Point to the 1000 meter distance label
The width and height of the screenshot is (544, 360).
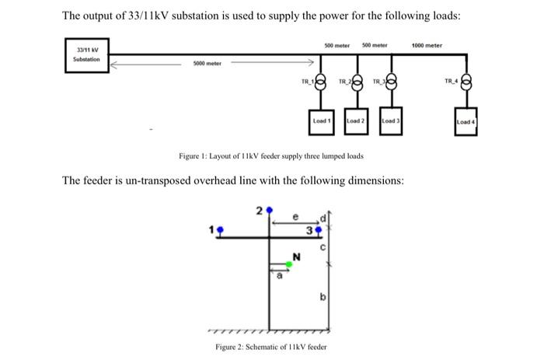(x=427, y=45)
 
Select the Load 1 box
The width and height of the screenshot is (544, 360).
(x=322, y=121)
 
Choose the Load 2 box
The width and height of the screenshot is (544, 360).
(x=356, y=121)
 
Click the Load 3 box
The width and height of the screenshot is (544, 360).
(x=390, y=121)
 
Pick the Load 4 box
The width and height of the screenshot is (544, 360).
(x=466, y=122)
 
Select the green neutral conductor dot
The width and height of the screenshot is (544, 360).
(x=288, y=265)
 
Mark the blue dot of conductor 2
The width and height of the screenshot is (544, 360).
(x=268, y=211)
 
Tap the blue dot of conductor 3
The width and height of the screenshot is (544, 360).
(x=319, y=230)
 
